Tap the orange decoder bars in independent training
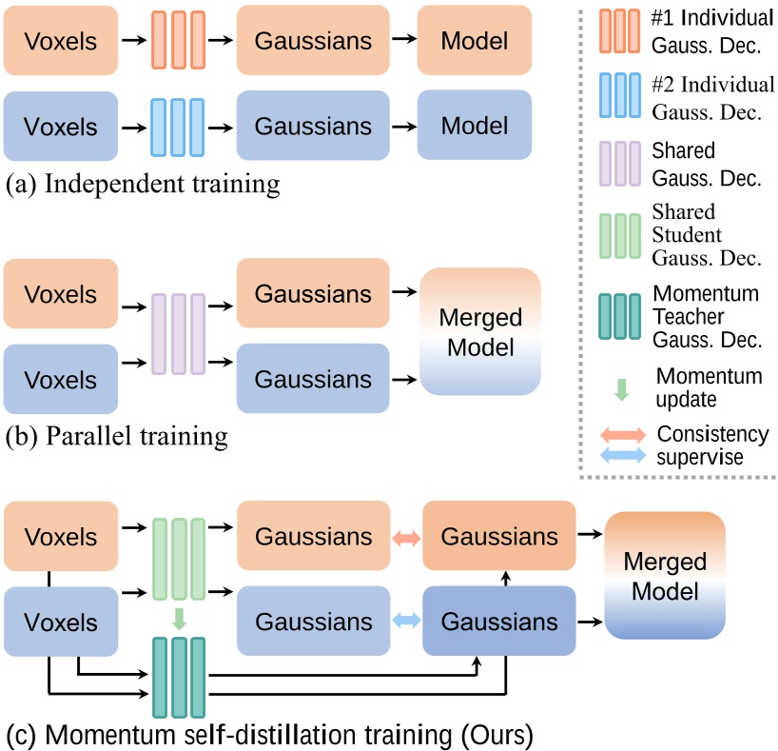[178, 41]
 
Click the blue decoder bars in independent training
[178, 126]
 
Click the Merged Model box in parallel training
[478, 330]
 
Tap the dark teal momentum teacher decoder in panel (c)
[178, 678]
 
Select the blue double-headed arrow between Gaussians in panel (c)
[407, 622]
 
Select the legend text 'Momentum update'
[708, 386]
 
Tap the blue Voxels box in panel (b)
[60, 380]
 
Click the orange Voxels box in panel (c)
[60, 539]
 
